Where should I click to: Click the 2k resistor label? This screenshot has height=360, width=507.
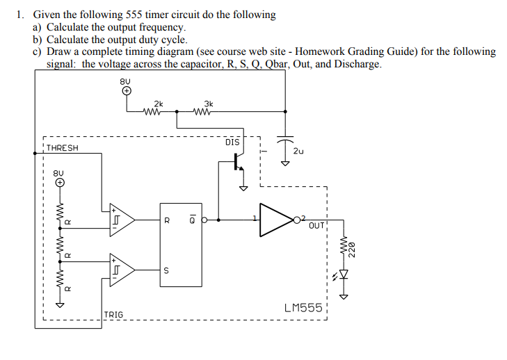pos(159,102)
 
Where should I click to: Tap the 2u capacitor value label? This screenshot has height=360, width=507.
pos(298,150)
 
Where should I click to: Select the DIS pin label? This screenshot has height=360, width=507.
pos(232,142)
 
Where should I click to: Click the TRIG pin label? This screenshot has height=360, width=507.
pos(113,315)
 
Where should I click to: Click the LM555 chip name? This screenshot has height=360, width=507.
pos(303,306)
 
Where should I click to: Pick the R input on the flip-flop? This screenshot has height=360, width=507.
pos(166,221)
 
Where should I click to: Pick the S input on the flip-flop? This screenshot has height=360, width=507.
pos(166,270)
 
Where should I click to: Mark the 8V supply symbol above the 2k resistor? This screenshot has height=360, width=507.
pos(126,90)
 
